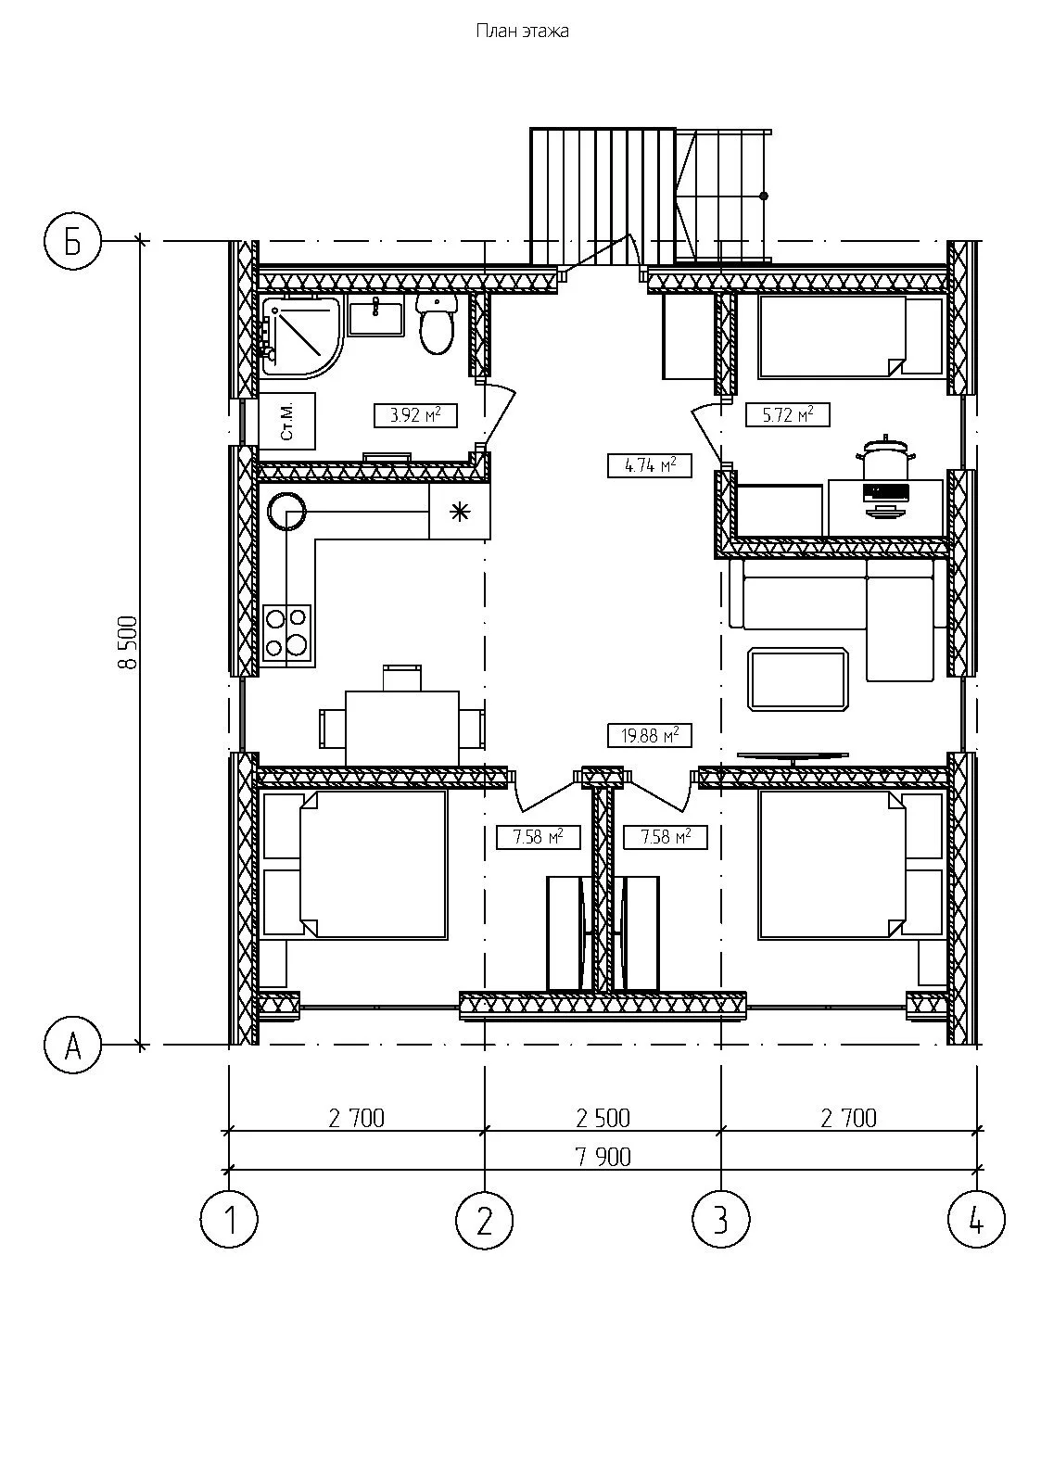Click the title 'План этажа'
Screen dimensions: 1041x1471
coord(522,31)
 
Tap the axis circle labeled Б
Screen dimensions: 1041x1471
coord(73,242)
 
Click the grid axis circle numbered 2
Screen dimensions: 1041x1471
coord(485,1220)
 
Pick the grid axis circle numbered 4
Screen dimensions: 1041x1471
coord(977,1220)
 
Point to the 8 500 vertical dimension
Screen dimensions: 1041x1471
coord(128,643)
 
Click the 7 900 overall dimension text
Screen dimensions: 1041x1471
coord(603,1157)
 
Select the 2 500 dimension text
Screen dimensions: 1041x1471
coord(603,1118)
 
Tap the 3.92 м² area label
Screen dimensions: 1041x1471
coord(415,415)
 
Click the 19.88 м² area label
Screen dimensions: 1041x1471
coord(650,735)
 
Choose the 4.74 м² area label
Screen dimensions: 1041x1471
coord(650,465)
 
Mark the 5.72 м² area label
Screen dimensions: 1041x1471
coord(788,415)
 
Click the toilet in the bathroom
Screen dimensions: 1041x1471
coord(436,323)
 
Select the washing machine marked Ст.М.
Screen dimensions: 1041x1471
coord(287,421)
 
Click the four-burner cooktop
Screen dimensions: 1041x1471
coord(287,633)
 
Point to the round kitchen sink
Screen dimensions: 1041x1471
coord(286,511)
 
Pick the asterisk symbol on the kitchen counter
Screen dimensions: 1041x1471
coord(460,512)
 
